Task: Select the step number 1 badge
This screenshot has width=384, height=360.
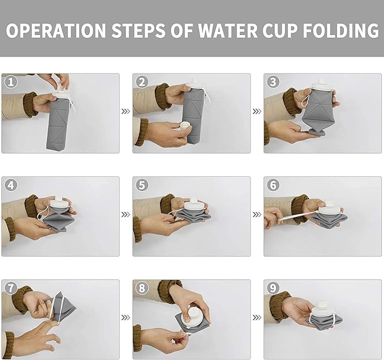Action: tap(10, 82)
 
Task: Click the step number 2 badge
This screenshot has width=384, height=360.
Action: tap(141, 82)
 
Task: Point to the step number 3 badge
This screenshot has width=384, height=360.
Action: tap(273, 82)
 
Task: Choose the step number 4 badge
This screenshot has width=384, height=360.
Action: tap(10, 185)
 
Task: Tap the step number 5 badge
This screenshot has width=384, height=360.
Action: tap(141, 185)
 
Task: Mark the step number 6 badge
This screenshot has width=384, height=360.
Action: tap(273, 185)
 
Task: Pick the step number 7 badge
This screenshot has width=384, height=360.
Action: tap(10, 288)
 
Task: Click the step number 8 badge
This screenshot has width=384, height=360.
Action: tap(141, 288)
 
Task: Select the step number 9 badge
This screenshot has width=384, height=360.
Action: tap(273, 288)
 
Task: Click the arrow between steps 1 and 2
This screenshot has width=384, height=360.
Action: tap(126, 111)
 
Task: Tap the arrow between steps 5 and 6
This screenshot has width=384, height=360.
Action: tap(257, 215)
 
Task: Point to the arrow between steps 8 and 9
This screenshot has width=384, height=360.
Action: tap(257, 318)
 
